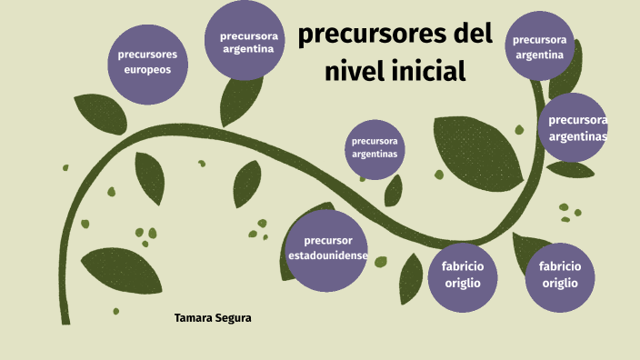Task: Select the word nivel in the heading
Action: click(x=358, y=70)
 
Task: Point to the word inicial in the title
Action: click(x=431, y=70)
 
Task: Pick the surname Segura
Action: click(x=233, y=318)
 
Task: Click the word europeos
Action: click(x=147, y=70)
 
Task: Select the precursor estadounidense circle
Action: click(x=328, y=249)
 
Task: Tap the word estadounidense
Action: click(x=328, y=256)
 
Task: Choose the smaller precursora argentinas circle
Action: click(x=375, y=148)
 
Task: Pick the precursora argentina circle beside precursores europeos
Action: click(x=246, y=42)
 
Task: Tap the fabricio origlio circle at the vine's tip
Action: click(x=463, y=275)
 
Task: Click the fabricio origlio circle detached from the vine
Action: click(x=560, y=275)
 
